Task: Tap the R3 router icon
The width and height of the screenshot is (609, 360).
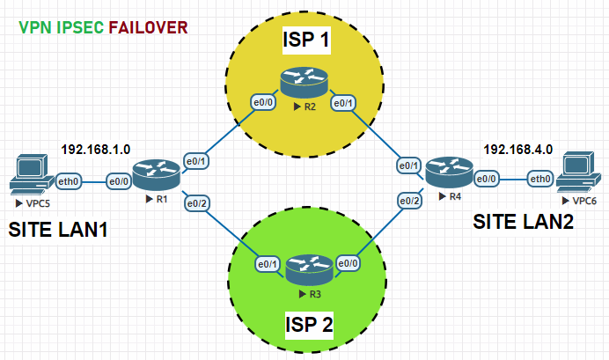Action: (x=303, y=268)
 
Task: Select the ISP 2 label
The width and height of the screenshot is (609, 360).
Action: (x=307, y=326)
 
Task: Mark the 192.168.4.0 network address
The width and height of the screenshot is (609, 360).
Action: (x=517, y=149)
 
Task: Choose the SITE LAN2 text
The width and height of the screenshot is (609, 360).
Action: (x=524, y=223)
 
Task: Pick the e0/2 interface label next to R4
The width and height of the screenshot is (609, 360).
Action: (x=409, y=202)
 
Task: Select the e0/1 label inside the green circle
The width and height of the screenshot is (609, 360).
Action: (x=268, y=263)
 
